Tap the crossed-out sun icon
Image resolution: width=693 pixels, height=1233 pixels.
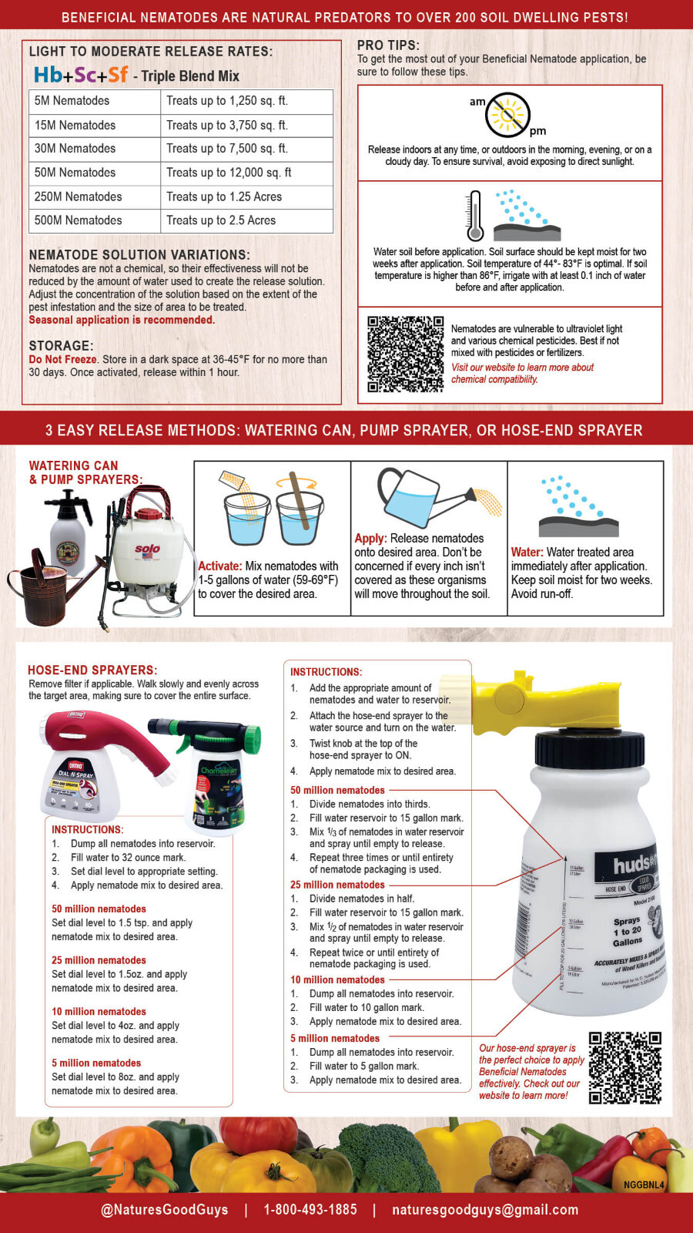508,115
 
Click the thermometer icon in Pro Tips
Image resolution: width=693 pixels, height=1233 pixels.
474,217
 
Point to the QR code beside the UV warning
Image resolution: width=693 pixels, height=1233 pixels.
405,354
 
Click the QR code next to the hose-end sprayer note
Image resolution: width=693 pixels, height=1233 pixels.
624,1068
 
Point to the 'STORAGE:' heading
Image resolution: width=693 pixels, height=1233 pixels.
61,346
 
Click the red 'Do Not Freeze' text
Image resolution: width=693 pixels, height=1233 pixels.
62,359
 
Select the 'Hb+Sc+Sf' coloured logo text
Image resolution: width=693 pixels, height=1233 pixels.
81,75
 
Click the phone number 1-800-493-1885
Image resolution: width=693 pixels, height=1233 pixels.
310,1210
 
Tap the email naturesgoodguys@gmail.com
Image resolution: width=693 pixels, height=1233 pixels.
485,1210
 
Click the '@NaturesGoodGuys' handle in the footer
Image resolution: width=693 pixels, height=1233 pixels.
165,1210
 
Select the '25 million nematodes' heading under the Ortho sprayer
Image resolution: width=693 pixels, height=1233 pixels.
99,960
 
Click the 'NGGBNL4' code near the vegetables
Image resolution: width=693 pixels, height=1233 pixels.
644,1184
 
